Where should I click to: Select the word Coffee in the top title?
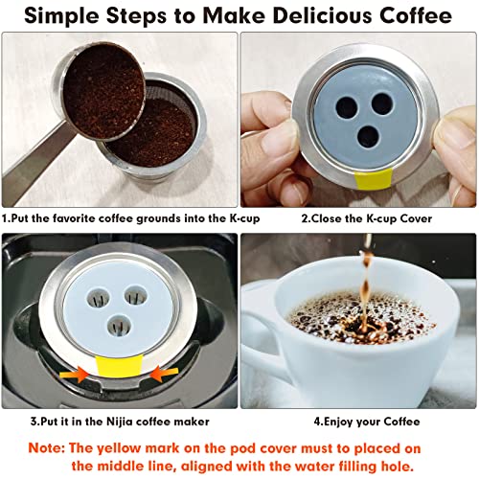click(x=406, y=16)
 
